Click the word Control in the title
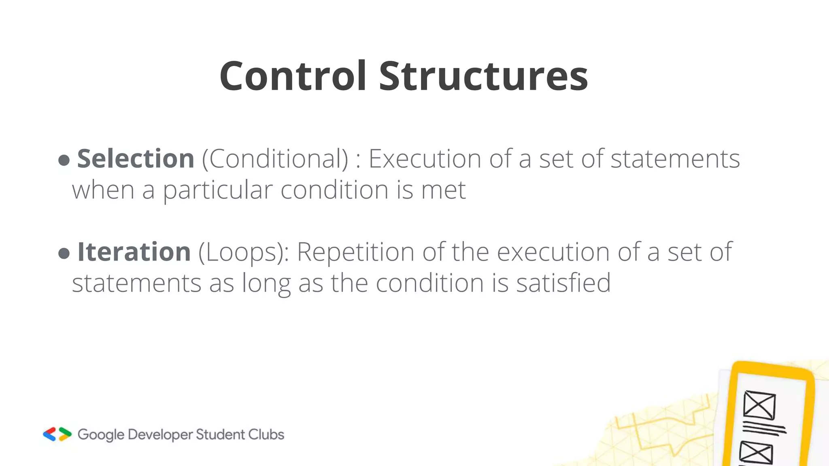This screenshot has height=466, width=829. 293,76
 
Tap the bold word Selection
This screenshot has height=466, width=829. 136,158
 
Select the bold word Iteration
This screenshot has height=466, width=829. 134,252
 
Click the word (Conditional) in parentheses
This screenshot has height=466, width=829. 275,158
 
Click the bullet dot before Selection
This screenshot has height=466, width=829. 64,160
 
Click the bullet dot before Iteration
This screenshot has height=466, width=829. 64,254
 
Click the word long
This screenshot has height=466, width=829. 266,283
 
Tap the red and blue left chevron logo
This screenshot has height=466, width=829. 49,434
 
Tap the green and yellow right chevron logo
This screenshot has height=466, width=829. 65,434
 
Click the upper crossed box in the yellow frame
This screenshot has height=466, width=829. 759,405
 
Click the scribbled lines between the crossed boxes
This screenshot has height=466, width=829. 764,428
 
